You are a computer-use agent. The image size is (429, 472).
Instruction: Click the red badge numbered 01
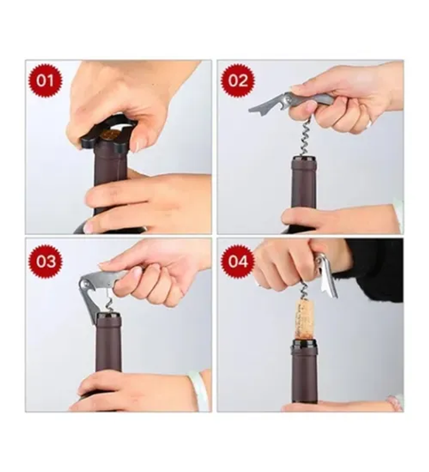[45, 81]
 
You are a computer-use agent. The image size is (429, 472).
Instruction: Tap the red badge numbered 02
[238, 81]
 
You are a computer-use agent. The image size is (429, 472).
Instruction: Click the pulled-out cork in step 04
[304, 320]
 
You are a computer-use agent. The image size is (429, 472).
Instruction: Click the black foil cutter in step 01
[109, 134]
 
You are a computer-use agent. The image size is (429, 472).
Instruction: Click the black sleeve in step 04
[373, 268]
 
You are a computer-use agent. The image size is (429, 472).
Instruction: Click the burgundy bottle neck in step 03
[109, 343]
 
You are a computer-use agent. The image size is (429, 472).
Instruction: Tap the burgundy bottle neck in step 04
[304, 372]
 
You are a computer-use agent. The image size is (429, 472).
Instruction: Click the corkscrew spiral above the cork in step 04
[304, 291]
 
